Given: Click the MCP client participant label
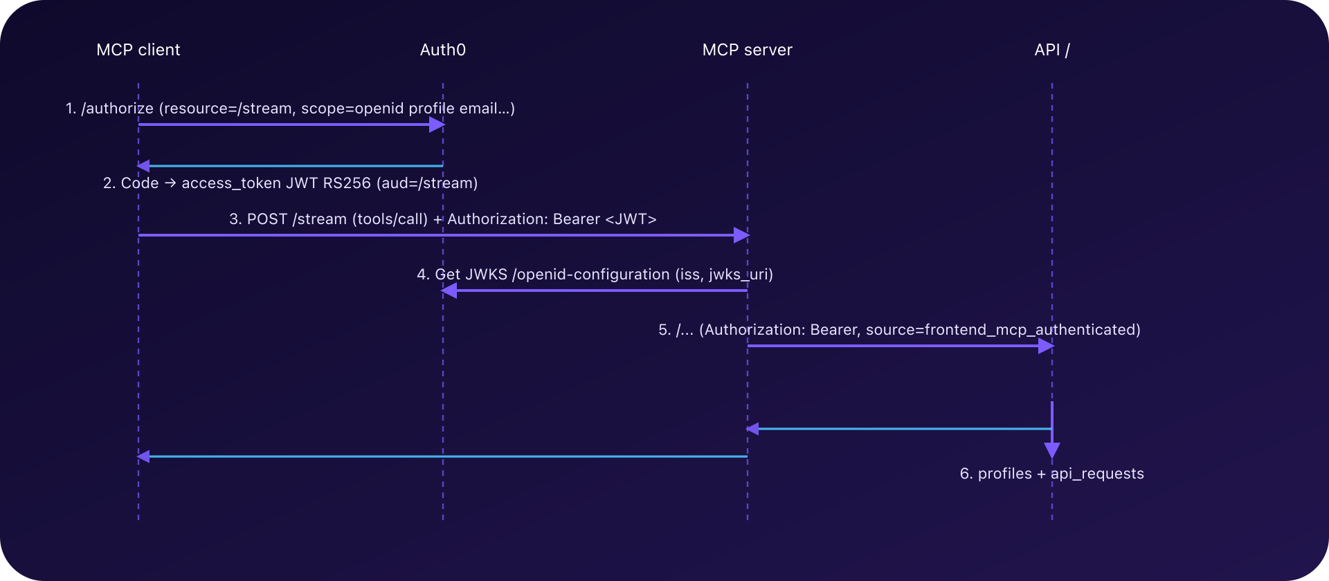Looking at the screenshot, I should click(138, 50).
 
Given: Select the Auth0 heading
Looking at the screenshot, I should click(443, 50).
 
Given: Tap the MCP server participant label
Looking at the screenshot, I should click(747, 50).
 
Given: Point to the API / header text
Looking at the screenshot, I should click(1051, 50).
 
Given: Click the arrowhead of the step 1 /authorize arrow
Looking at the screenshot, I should click(437, 124).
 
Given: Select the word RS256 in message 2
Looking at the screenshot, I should click(347, 183).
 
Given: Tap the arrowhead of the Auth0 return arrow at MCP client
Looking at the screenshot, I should click(143, 166).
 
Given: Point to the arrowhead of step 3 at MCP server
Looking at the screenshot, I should click(741, 235).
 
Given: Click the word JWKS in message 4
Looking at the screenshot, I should click(486, 275).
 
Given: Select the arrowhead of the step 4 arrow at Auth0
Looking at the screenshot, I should click(449, 290).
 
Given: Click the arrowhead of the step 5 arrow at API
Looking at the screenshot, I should click(1046, 346).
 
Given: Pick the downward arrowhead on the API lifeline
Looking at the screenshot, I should click(1052, 451).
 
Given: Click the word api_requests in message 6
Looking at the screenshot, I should click(1097, 474).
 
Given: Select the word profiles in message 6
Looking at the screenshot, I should click(1005, 474).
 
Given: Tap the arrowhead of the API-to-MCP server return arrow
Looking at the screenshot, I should click(752, 429).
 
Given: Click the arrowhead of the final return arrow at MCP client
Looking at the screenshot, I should click(143, 456).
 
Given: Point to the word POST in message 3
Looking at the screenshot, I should click(266, 219).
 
